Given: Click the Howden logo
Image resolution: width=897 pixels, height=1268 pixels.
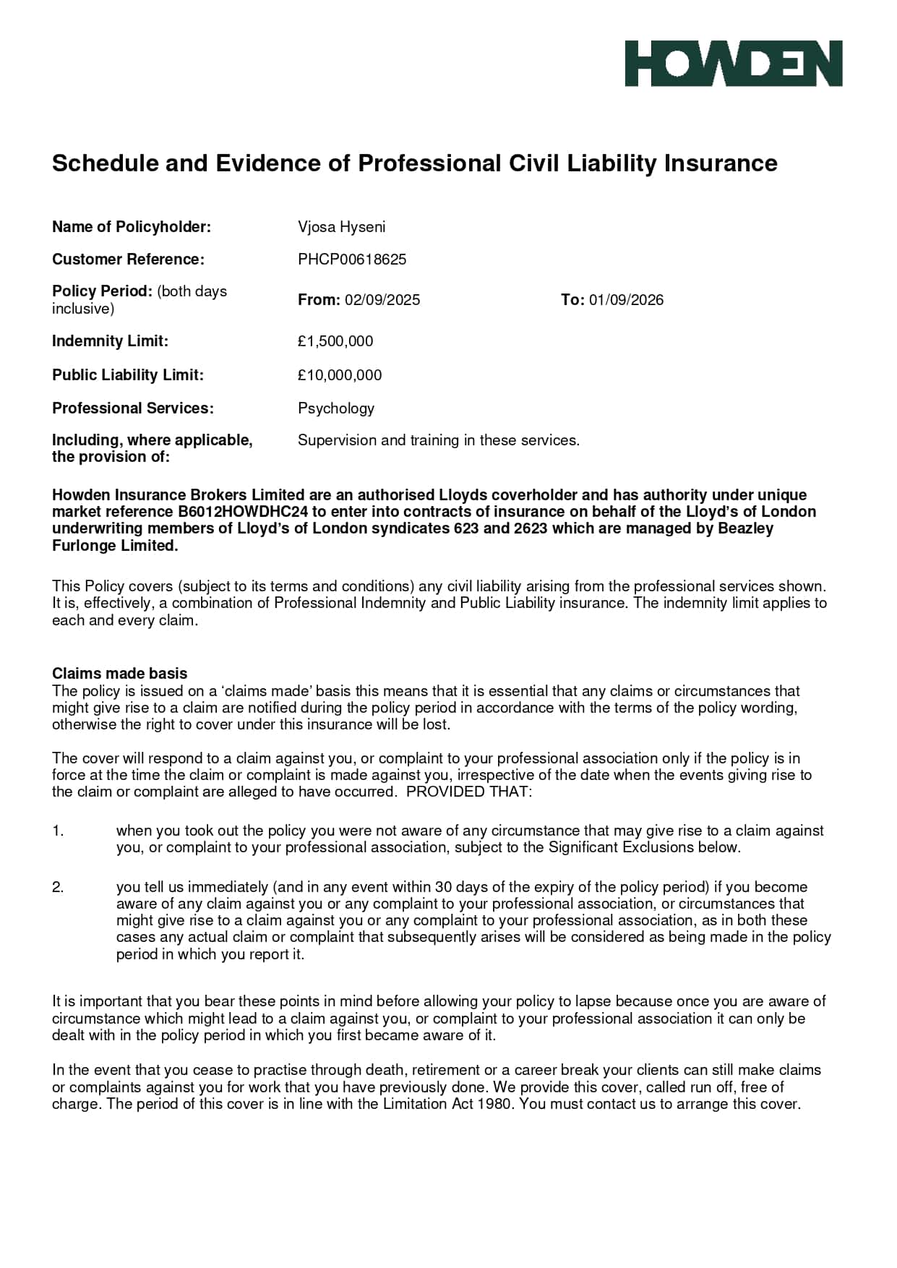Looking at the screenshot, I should pyautogui.click(x=733, y=64).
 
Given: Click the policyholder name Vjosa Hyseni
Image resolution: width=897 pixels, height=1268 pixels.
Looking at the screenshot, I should pyautogui.click(x=341, y=227).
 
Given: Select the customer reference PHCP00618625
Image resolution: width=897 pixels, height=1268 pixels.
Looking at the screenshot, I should pyautogui.click(x=352, y=260).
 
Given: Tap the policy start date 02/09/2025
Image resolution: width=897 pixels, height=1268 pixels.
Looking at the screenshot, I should pyautogui.click(x=382, y=300).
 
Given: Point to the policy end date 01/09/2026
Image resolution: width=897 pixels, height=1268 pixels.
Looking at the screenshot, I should pyautogui.click(x=626, y=300).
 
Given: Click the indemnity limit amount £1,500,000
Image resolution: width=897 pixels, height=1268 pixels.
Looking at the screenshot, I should pyautogui.click(x=335, y=341).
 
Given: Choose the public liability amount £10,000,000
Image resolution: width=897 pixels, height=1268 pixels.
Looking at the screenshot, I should pyautogui.click(x=340, y=375).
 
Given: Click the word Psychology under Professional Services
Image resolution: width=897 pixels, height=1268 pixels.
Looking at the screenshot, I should pyautogui.click(x=336, y=408).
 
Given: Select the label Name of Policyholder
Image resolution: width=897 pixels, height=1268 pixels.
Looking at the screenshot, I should pyautogui.click(x=131, y=227).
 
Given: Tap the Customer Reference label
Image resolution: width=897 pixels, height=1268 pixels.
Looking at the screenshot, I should pyautogui.click(x=128, y=260).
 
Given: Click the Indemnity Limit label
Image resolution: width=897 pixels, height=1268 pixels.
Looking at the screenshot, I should pyautogui.click(x=110, y=341).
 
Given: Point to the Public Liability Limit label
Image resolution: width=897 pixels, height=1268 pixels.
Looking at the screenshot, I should pyautogui.click(x=128, y=375).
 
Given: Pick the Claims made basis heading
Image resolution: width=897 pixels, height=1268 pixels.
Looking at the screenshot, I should pyautogui.click(x=119, y=674).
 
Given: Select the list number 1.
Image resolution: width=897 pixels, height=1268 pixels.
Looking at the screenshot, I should pyautogui.click(x=58, y=831).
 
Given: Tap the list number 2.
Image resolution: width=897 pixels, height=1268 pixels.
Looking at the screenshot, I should pyautogui.click(x=58, y=887).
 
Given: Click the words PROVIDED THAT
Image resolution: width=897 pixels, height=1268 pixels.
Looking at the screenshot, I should pyautogui.click(x=468, y=792).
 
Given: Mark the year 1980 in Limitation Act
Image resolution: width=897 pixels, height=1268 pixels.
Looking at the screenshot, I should pyautogui.click(x=495, y=1104).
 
